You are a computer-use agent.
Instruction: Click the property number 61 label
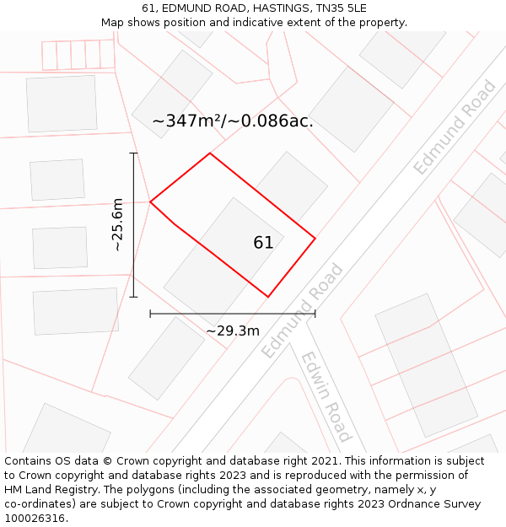coord(263,243)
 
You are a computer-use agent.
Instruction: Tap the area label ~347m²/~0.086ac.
coord(232,121)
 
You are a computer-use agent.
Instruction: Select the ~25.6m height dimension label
coord(118,225)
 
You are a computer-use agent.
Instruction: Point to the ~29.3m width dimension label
coord(233,331)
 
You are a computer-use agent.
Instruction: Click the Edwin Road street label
coord(326,396)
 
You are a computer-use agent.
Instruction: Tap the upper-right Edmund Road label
coord(455,127)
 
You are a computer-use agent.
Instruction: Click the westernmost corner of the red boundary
coord(150,202)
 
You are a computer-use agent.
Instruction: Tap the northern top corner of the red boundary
coord(210,153)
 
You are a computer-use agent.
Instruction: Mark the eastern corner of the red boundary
coord(315,239)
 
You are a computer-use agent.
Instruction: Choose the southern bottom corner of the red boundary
coord(268,297)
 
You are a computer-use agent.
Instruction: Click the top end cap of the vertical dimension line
coord(133,153)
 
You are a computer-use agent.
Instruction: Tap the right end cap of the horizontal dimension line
coord(315,314)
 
